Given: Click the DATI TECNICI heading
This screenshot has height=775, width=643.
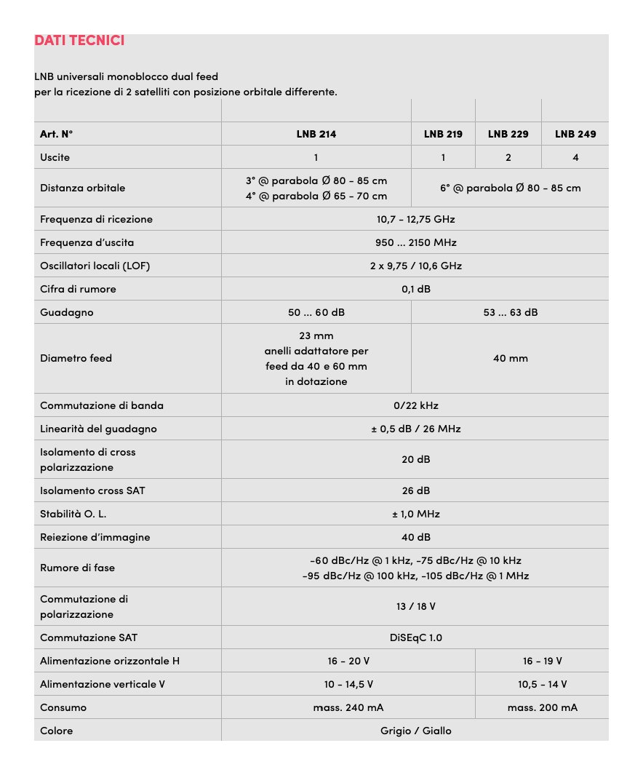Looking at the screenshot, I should (x=79, y=40).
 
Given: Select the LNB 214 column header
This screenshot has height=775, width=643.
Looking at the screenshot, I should (x=316, y=134).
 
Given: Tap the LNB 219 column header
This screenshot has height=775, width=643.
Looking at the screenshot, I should (x=443, y=134).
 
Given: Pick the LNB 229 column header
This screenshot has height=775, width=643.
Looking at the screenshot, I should (x=508, y=134).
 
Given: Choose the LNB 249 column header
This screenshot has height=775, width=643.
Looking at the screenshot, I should (x=575, y=134).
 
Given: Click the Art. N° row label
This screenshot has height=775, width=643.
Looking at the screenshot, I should (x=57, y=134).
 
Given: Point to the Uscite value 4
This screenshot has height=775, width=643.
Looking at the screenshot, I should (x=575, y=157).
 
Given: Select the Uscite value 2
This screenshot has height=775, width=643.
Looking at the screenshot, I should (x=508, y=157).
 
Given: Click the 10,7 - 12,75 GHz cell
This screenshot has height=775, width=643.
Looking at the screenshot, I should (x=415, y=219).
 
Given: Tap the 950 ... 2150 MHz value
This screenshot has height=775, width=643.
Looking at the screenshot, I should (x=415, y=242).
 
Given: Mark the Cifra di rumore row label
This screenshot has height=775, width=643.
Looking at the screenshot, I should (x=78, y=289).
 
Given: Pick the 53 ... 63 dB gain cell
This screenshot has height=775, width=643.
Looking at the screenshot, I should (x=510, y=312).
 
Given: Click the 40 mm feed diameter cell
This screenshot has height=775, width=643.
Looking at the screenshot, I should (x=510, y=358).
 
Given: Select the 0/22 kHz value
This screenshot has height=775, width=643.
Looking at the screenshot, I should (x=415, y=405).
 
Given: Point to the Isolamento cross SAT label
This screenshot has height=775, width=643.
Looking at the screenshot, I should (x=92, y=490).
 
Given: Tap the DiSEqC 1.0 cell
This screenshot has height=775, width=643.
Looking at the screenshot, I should (x=415, y=637).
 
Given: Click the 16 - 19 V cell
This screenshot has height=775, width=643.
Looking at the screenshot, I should (x=542, y=661).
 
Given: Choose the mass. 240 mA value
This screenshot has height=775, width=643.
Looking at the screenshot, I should (x=348, y=707).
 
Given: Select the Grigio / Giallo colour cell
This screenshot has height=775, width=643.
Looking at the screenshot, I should (x=415, y=731).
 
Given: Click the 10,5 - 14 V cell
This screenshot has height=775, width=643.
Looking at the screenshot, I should (x=542, y=684).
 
